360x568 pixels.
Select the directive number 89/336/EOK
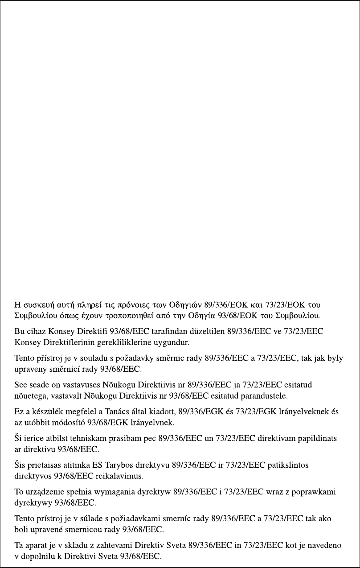click(225, 306)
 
